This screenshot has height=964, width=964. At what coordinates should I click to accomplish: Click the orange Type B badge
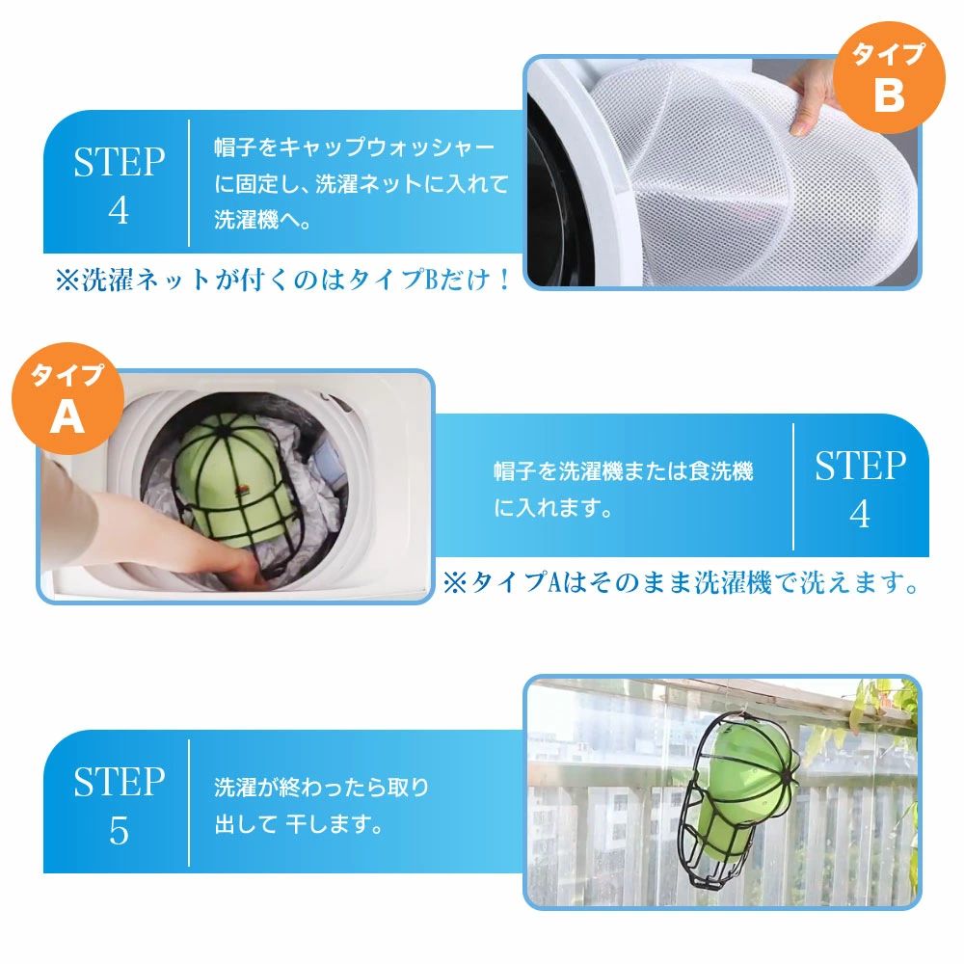click(889, 77)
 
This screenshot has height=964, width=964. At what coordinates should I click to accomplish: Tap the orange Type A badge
click(67, 398)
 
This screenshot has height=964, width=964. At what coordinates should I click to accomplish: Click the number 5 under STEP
click(119, 831)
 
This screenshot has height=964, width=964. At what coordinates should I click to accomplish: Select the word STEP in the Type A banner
click(860, 466)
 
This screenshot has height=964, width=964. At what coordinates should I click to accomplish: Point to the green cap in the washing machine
click(233, 479)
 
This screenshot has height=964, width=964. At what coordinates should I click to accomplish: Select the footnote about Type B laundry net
click(282, 280)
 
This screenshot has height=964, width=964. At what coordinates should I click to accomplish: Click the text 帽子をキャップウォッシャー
click(354, 147)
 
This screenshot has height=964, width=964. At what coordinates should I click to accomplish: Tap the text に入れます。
click(552, 508)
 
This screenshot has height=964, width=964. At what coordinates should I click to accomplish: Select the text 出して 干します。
click(299, 824)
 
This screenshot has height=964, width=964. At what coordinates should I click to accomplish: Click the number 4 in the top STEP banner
click(119, 211)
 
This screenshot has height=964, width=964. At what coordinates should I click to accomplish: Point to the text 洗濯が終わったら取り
click(322, 787)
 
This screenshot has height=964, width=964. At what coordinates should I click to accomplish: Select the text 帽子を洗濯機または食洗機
click(624, 471)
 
